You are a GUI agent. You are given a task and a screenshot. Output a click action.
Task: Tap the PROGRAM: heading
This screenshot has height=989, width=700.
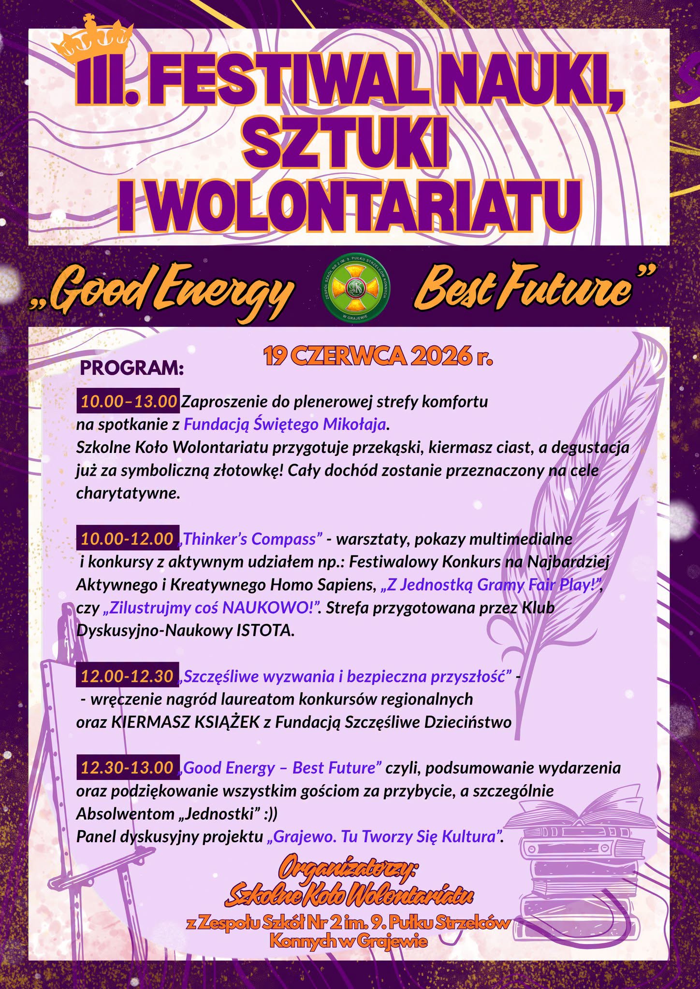click(x=132, y=367)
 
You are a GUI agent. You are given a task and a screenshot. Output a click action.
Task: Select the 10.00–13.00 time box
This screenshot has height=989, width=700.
click(x=128, y=401)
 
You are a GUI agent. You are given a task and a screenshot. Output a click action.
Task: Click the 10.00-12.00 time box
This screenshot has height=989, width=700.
click(x=127, y=538)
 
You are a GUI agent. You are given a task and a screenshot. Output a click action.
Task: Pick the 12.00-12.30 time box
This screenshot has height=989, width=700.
click(x=127, y=676)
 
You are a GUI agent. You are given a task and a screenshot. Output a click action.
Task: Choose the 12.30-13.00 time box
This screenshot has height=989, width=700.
click(x=128, y=767)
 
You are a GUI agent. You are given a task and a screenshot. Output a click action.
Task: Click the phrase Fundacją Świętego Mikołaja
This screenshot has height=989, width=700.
click(x=285, y=424)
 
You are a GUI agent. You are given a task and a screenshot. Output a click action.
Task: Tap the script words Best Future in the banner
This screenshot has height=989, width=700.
click(x=525, y=289)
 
